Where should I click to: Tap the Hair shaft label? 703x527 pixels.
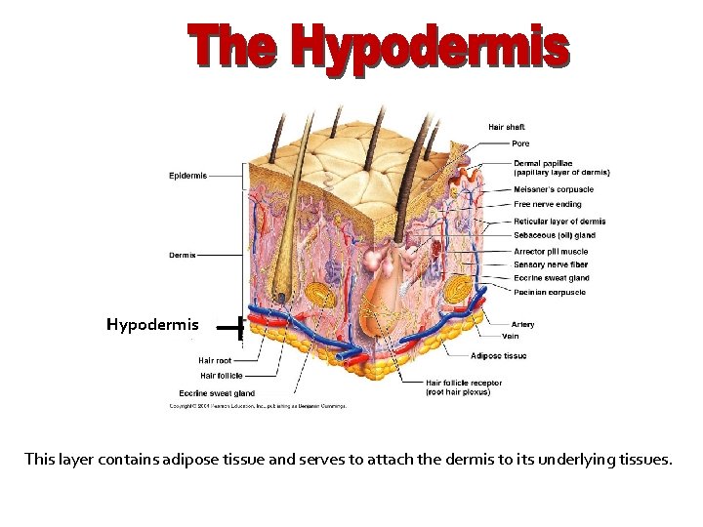tap(507, 127)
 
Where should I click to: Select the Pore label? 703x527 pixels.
tap(521, 143)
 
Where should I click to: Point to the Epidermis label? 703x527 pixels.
tap(187, 176)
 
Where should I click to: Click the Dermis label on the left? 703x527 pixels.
tap(183, 256)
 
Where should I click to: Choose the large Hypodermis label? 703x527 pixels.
tap(152, 325)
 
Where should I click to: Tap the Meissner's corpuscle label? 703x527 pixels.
tap(553, 189)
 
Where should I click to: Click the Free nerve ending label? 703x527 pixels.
tap(547, 205)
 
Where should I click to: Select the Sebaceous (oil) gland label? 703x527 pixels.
tap(554, 235)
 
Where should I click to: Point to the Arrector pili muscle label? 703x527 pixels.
tap(551, 252)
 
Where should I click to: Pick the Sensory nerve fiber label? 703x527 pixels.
tap(551, 264)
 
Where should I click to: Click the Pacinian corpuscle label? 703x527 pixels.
tap(550, 292)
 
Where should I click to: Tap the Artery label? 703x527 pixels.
tap(523, 325)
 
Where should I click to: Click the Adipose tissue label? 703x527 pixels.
tap(498, 356)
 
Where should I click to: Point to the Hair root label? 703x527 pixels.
tap(215, 360)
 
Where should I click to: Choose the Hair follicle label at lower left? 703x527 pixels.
tap(222, 375)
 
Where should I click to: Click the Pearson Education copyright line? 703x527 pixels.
tap(259, 405)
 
